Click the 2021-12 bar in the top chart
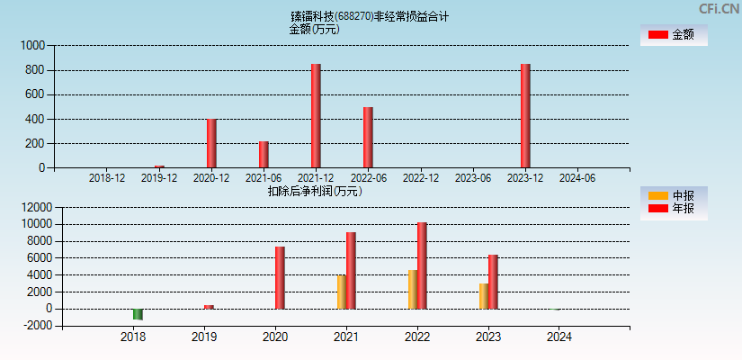point(316,116)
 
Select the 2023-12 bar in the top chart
point(525,116)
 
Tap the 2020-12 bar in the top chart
point(211,143)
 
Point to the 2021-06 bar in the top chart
point(264,155)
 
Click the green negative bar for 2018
point(138,314)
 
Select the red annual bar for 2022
point(422,265)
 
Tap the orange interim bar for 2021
point(342,292)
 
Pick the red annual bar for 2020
point(280,277)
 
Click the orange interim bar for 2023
point(484,296)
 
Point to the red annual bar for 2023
point(493,282)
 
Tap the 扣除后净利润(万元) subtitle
point(315,191)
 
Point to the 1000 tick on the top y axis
point(31,45)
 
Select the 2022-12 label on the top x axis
point(421,178)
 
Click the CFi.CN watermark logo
point(719,9)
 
